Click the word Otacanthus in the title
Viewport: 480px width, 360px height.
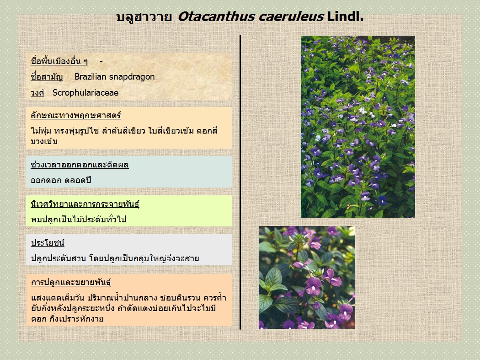pyautogui.click(x=216, y=16)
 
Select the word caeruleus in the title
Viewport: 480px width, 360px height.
pyautogui.click(x=291, y=16)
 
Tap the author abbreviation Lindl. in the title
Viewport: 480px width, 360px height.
pyautogui.click(x=345, y=16)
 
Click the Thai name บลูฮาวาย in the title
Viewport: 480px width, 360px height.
pyautogui.click(x=144, y=17)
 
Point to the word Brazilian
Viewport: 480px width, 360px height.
pyautogui.click(x=90, y=76)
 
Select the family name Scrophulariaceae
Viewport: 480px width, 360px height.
pyautogui.click(x=85, y=93)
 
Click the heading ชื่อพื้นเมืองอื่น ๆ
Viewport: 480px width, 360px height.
pyautogui.click(x=59, y=61)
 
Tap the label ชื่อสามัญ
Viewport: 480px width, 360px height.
pyautogui.click(x=47, y=77)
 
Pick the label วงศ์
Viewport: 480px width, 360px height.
pyautogui.click(x=37, y=92)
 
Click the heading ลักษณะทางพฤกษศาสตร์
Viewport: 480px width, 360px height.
pyautogui.click(x=75, y=116)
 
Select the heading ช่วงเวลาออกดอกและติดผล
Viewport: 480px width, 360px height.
pyautogui.click(x=80, y=165)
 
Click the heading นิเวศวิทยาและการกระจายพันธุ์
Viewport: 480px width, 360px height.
pyautogui.click(x=85, y=204)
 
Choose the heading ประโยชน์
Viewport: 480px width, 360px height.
pyautogui.click(x=48, y=242)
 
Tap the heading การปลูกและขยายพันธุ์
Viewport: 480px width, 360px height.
pyautogui.click(x=71, y=282)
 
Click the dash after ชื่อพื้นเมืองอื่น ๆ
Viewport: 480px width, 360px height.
pyautogui.click(x=101, y=62)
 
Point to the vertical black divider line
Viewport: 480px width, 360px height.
pyautogui.click(x=240, y=183)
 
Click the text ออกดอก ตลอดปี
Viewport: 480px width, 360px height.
pyautogui.click(x=61, y=180)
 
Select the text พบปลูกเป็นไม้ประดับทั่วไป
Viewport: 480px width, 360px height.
pyautogui.click(x=79, y=219)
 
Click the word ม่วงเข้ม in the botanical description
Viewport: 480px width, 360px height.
pyautogui.click(x=44, y=141)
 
